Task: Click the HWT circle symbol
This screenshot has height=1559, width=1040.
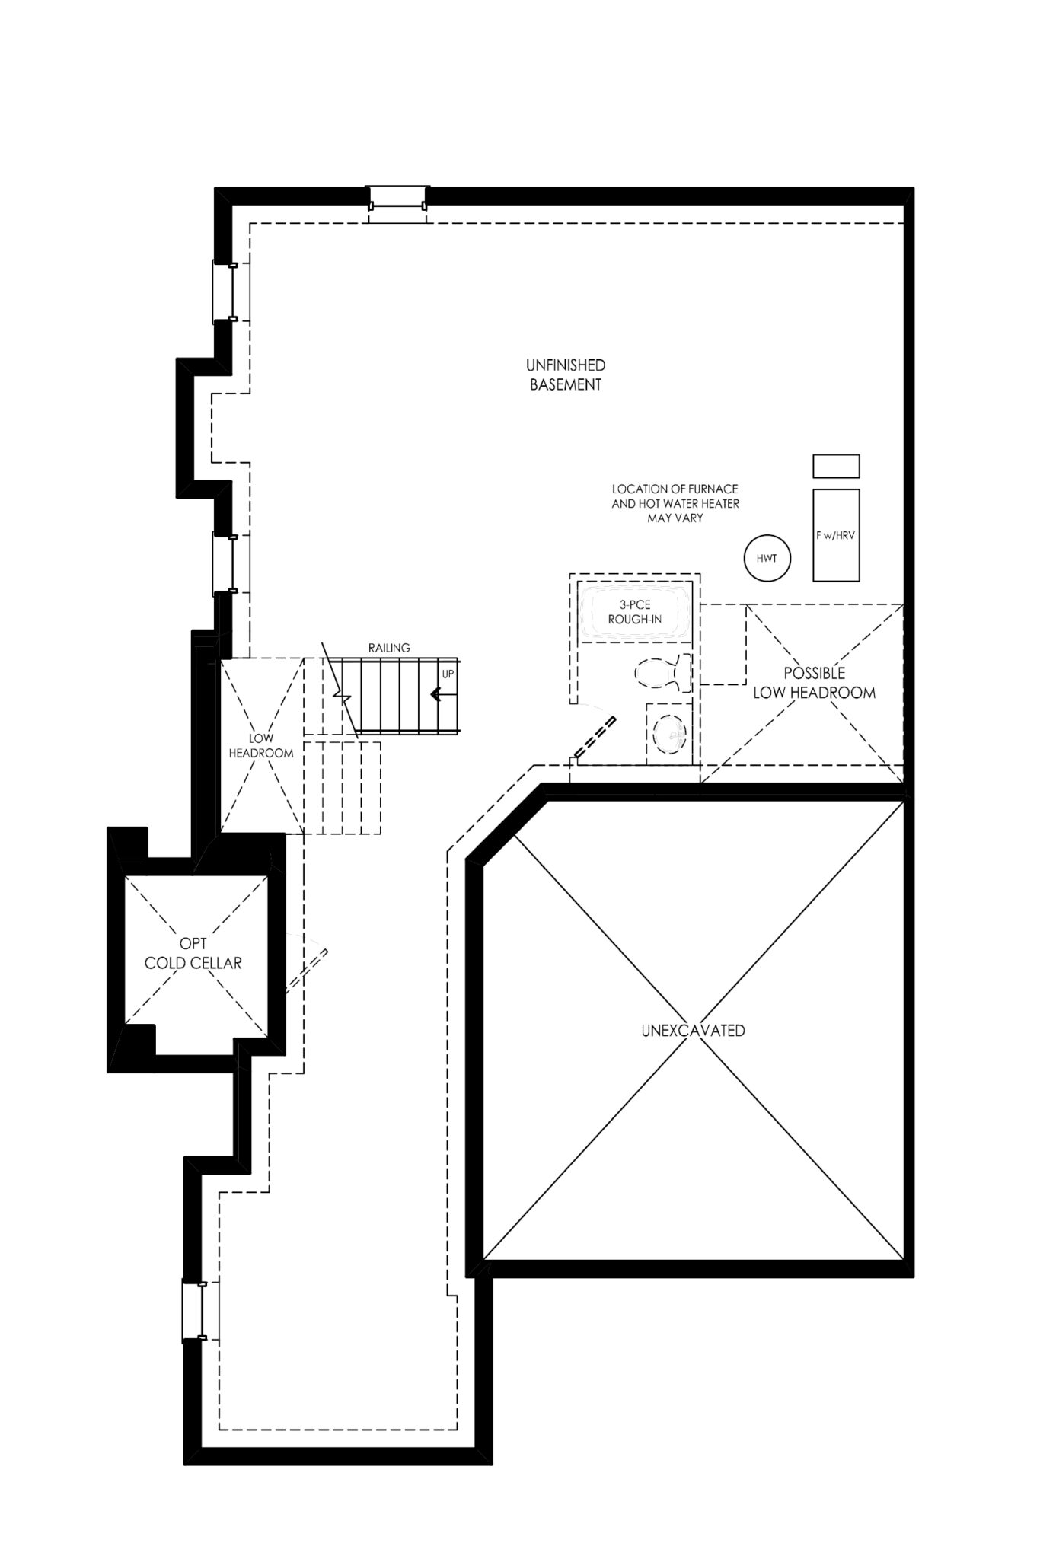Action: pos(767,559)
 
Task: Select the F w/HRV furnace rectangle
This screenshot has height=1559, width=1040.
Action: pos(836,535)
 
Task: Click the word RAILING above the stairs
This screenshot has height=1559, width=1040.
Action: pos(389,648)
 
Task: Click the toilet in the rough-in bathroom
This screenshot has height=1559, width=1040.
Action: pos(663,673)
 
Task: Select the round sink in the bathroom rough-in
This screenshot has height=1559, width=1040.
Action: pos(670,735)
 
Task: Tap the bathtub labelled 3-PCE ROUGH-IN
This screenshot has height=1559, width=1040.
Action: pos(635,612)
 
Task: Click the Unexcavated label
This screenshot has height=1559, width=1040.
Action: pos(692,1031)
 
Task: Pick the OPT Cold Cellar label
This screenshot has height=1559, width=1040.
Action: pos(193,954)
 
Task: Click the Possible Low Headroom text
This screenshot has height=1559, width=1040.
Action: pos(814,683)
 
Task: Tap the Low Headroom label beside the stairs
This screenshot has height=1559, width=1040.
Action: pos(261,746)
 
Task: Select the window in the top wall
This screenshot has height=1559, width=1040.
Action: pos(397,204)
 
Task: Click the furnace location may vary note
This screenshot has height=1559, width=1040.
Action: pos(675,503)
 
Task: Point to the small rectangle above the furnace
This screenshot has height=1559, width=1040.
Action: pos(836,466)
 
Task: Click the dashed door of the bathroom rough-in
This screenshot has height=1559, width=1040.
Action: pos(595,737)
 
